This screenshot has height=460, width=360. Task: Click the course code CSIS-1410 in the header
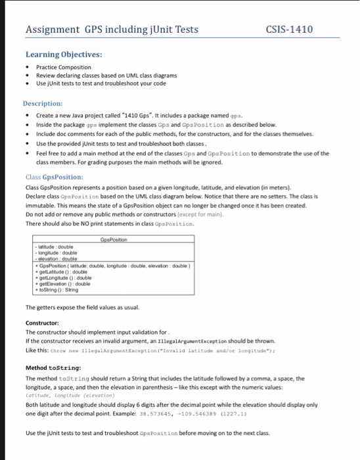(x=289, y=30)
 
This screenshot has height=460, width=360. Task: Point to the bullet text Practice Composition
(x=64, y=67)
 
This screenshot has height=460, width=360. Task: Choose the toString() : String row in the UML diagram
(x=61, y=289)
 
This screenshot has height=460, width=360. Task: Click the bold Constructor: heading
(x=43, y=323)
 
